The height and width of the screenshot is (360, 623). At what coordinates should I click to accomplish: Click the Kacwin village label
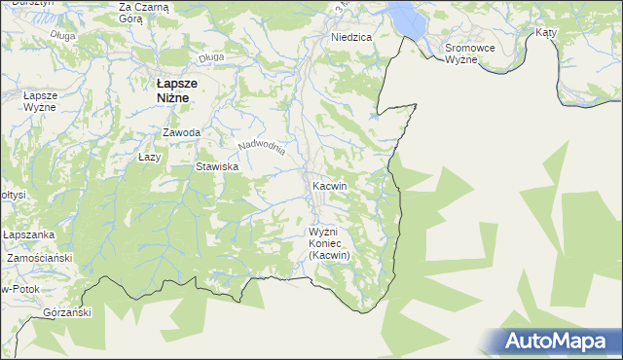(330, 185)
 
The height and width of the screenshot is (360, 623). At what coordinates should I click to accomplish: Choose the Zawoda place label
(182, 132)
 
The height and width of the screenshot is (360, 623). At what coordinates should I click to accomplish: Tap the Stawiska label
(217, 167)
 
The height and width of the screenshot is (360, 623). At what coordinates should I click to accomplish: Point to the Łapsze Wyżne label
(42, 102)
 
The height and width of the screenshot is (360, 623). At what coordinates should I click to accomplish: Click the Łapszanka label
(27, 235)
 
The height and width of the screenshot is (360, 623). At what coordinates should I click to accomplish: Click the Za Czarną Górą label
(143, 13)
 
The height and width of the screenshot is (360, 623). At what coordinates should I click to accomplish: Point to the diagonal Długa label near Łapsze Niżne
(210, 58)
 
